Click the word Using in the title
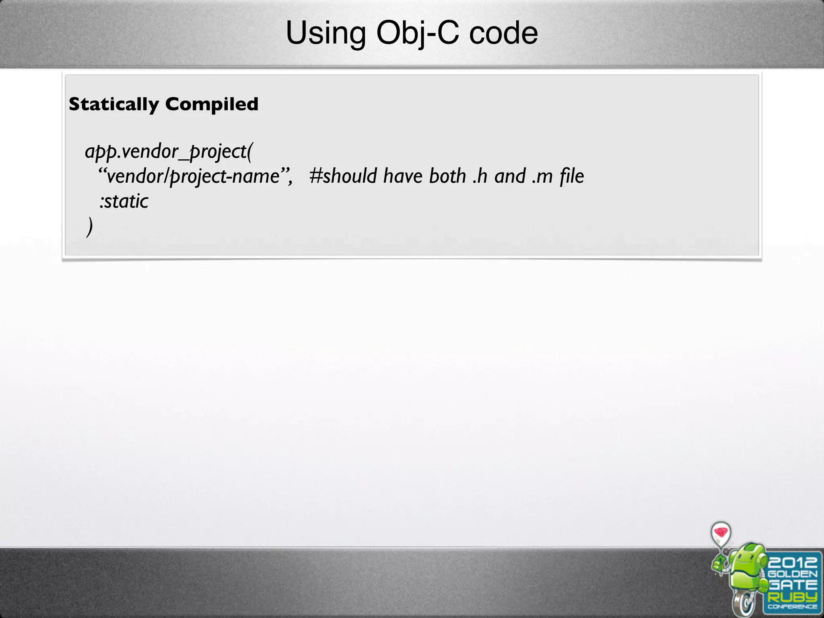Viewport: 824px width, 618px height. pos(325,34)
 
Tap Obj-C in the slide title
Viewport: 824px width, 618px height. pos(417,34)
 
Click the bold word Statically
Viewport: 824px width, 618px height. pos(114,104)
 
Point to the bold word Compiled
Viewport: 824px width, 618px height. pos(212,104)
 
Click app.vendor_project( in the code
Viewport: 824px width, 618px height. pos(169,152)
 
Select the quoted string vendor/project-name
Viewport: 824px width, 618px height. pos(195,176)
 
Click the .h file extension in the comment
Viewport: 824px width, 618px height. pos(480,176)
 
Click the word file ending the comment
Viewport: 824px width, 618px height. pos(572,176)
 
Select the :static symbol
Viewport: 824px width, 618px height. pos(124,201)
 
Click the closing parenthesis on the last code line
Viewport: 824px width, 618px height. pos(89,227)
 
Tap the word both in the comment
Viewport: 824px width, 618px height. pos(447,176)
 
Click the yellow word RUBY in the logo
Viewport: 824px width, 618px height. pos(792,597)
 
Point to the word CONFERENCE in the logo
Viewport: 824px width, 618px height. pos(792,607)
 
